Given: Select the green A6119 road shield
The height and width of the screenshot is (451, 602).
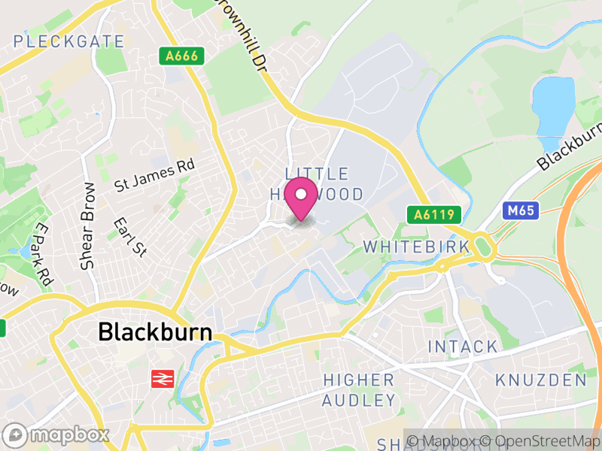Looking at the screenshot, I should pos(433,215).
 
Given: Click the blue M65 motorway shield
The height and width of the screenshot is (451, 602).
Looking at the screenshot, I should pos(520,210).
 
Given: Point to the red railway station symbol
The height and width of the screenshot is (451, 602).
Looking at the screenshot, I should pos(160,379).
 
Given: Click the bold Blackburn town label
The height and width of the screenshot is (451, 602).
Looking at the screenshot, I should pos(155,331).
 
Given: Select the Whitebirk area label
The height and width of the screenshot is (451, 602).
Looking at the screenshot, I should pos(416,246).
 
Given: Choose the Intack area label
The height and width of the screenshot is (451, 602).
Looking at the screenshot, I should pos(463,347).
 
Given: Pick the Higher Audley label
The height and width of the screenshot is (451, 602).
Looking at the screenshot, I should pos(358,389).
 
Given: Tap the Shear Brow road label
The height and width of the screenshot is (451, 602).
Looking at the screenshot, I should pos(88,226).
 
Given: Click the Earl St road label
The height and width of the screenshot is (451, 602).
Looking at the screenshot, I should pos(129,237).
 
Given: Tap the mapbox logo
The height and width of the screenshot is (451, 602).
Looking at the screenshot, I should pos(56,434).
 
